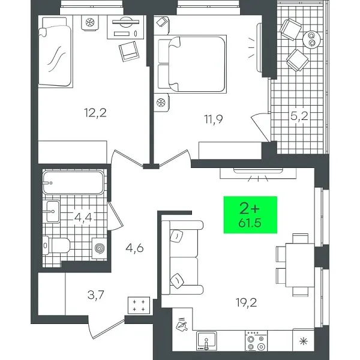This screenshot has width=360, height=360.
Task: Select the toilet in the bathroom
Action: coord(56,244)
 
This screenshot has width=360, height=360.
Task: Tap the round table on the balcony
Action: coord(313,39)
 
